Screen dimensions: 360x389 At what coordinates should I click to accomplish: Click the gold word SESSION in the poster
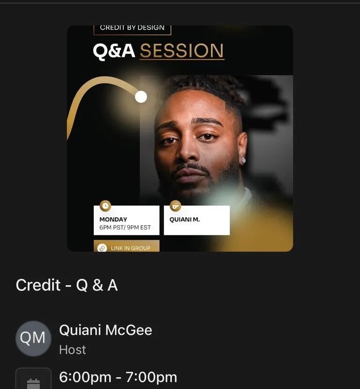pos(182,51)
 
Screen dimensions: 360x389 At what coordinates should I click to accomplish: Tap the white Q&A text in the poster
pos(114,52)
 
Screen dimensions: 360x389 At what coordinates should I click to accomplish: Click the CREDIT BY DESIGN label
pos(132,28)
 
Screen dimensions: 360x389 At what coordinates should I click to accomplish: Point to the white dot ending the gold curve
pos(141,97)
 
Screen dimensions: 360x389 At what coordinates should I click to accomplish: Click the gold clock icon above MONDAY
pos(105,206)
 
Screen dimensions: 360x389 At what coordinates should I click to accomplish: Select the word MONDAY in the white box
pos(113,219)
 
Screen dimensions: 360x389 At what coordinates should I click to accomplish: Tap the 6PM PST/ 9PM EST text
pos(125,227)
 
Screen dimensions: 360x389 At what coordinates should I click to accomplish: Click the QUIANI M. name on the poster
pos(185,219)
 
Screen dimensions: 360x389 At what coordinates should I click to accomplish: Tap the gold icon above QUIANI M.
pos(175,206)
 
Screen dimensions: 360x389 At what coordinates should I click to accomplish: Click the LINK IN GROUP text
pos(130,248)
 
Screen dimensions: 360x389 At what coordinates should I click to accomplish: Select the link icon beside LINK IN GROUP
pos(102,248)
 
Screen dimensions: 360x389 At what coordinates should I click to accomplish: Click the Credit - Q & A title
pos(67,285)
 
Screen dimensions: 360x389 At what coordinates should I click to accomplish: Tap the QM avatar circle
pos(33,338)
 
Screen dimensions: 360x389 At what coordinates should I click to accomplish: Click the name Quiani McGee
pos(105,330)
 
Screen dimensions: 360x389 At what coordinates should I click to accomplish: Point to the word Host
pos(73,350)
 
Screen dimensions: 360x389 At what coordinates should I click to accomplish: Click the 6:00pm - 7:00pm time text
pos(118,377)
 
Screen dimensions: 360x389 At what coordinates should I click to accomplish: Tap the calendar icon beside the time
pos(33,384)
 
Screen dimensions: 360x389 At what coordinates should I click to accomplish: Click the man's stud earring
pos(243,160)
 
